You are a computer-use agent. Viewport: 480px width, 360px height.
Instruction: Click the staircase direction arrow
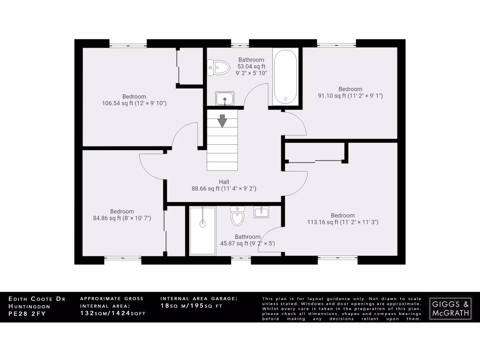[222, 120]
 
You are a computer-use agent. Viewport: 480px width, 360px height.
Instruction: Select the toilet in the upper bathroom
[218, 68]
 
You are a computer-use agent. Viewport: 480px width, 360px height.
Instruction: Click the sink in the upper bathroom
[225, 99]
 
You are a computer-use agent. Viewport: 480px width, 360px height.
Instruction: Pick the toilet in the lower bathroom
[238, 217]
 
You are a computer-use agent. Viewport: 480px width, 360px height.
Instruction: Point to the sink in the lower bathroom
[261, 212]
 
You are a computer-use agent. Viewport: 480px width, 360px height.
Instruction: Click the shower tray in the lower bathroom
[202, 231]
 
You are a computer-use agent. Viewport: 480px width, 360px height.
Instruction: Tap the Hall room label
[224, 181]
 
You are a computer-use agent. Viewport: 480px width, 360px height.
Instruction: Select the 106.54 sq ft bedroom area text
[135, 103]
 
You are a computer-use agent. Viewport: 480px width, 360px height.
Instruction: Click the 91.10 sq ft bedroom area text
[350, 96]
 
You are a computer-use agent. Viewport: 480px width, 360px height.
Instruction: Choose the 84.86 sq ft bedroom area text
[122, 218]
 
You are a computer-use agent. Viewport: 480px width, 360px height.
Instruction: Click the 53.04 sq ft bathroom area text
[251, 67]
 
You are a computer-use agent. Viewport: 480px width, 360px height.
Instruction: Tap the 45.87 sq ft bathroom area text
[247, 243]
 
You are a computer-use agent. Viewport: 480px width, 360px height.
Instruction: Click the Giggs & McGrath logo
[450, 307]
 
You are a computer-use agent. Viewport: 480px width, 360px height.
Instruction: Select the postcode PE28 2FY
[27, 314]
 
